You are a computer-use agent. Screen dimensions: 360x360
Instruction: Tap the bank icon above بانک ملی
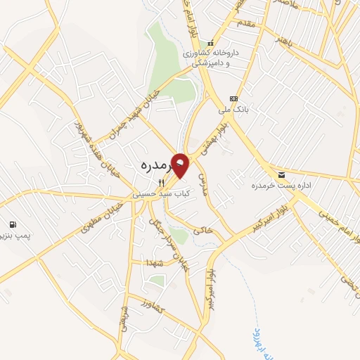(233, 98)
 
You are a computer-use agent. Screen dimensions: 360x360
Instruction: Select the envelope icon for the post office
(282, 175)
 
